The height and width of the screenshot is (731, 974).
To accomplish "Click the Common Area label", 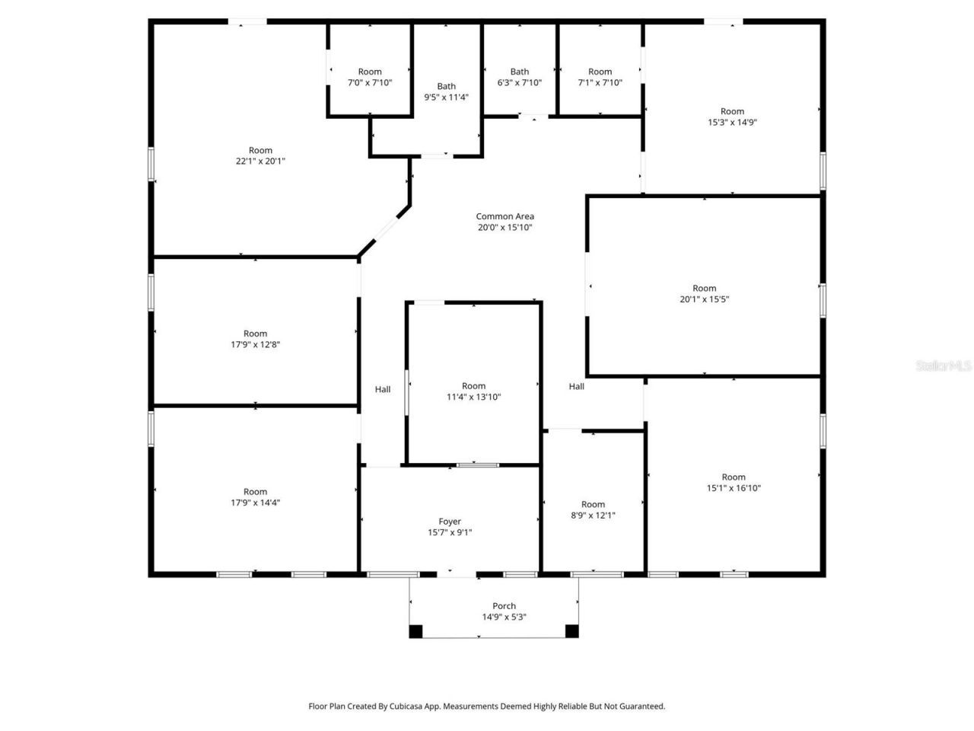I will [x=505, y=216].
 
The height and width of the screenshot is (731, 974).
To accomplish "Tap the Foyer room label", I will [x=450, y=522].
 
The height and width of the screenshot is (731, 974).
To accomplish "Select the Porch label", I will [x=504, y=606].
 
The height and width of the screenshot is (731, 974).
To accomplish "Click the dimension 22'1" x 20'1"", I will [x=260, y=161].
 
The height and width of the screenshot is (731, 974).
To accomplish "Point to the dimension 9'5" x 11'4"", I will [x=446, y=97].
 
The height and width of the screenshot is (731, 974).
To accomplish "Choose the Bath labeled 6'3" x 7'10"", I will [x=520, y=77].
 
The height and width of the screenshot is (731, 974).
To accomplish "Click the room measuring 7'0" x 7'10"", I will [x=370, y=77].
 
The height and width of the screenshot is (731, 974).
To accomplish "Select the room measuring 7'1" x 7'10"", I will [x=600, y=77].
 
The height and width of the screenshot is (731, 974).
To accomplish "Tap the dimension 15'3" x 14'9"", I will [x=732, y=122].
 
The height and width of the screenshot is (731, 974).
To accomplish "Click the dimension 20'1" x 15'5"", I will [x=704, y=299].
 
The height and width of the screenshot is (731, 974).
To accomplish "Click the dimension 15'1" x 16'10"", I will [x=734, y=488].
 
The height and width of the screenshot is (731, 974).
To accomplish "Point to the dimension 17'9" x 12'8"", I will [x=255, y=344].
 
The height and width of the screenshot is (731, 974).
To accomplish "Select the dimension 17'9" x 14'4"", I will [x=255, y=503].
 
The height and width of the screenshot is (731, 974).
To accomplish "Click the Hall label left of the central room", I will [x=383, y=389].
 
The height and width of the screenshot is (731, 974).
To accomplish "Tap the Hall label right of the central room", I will [x=577, y=386].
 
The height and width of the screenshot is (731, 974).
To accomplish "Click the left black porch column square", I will [x=415, y=630].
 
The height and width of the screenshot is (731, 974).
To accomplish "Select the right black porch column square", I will [x=571, y=630].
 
